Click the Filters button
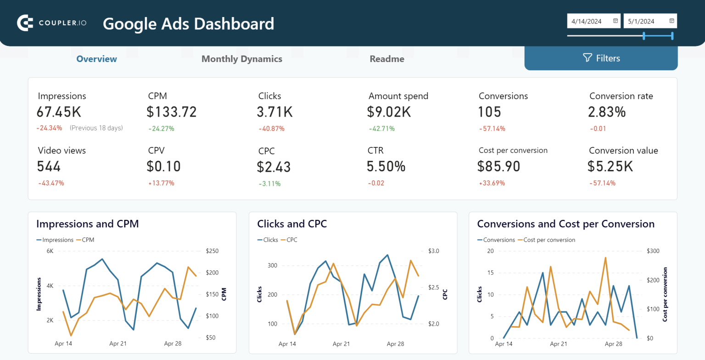click(x=601, y=58)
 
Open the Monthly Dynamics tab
click(x=242, y=59)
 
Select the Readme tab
click(x=387, y=59)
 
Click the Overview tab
click(x=96, y=59)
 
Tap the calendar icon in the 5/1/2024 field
click(x=671, y=21)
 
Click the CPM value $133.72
click(x=172, y=112)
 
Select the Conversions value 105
click(x=490, y=112)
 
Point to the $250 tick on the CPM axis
click(x=212, y=251)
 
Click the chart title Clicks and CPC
click(x=292, y=224)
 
